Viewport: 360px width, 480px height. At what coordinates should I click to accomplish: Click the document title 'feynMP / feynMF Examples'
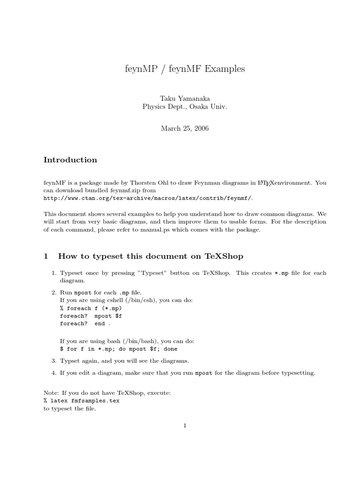click(182, 69)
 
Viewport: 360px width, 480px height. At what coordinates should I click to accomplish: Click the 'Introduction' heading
click(70, 160)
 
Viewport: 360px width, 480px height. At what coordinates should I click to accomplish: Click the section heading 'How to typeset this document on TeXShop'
click(150, 256)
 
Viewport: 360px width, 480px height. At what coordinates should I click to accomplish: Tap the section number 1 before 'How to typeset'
click(46, 256)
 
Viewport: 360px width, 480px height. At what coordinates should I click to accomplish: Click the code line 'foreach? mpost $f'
click(87, 316)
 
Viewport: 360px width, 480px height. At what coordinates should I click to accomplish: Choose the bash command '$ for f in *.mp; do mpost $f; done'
click(119, 349)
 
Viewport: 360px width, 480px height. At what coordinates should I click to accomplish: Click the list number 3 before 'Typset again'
click(53, 361)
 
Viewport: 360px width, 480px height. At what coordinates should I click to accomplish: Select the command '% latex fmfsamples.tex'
click(81, 401)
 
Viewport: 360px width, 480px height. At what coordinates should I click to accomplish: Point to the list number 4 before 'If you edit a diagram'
click(53, 373)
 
